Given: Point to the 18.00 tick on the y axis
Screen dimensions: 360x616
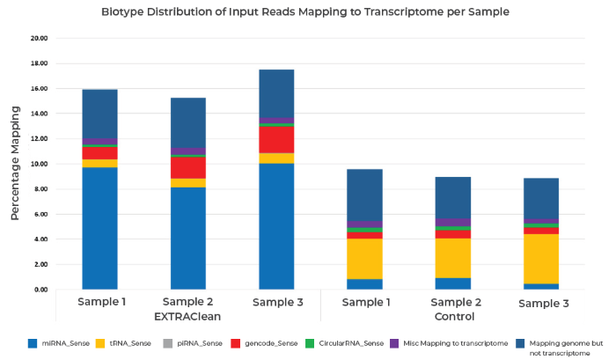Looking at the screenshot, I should pyautogui.click(x=38, y=63).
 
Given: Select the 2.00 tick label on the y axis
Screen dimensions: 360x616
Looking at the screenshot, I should pyautogui.click(x=40, y=264).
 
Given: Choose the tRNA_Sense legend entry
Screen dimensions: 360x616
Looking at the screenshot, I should pyautogui.click(x=128, y=342).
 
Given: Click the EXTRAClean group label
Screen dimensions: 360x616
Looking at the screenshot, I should pyautogui.click(x=187, y=315).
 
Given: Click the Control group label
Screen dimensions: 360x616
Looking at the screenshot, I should pyautogui.click(x=453, y=315).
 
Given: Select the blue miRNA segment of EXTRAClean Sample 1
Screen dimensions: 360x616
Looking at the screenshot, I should pyautogui.click(x=99, y=228).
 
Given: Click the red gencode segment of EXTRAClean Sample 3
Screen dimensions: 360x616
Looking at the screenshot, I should pyautogui.click(x=276, y=140).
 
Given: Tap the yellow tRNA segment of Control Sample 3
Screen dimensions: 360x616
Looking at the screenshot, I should pyautogui.click(x=541, y=259).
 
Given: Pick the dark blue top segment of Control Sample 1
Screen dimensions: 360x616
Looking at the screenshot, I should pyautogui.click(x=364, y=195).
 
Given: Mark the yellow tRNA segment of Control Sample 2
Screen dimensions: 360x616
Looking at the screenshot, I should pyautogui.click(x=453, y=258).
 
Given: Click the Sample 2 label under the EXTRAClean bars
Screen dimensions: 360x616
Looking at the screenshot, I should pyautogui.click(x=187, y=301).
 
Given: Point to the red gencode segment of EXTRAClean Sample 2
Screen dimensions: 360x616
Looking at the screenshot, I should pyautogui.click(x=187, y=167).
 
